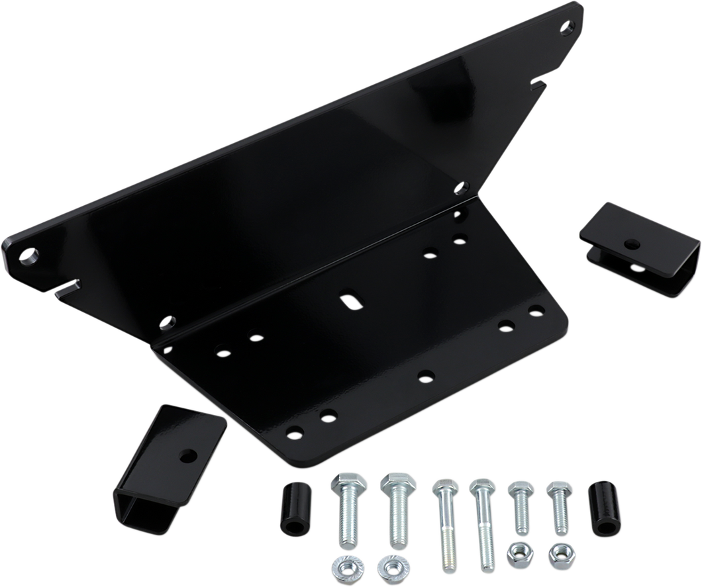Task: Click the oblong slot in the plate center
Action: [350, 300]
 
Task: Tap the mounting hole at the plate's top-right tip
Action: [567, 28]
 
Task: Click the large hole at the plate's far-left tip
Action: [30, 255]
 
